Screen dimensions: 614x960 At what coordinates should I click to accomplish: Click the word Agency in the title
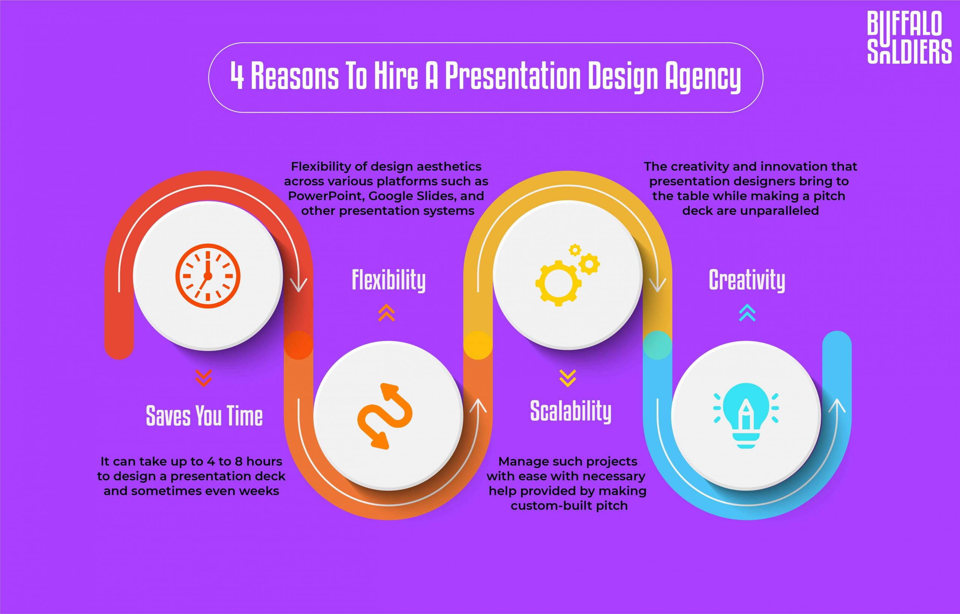(x=703, y=76)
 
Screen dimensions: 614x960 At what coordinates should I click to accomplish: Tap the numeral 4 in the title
(x=237, y=76)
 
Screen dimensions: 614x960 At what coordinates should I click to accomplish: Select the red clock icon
(x=207, y=276)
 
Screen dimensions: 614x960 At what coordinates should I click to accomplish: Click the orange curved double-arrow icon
(x=384, y=416)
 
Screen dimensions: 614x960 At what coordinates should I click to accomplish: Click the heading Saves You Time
(x=204, y=415)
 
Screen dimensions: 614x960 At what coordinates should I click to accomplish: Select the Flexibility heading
(x=388, y=280)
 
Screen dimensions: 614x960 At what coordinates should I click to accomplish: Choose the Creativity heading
(x=747, y=280)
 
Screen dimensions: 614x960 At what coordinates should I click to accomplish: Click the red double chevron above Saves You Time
(x=204, y=378)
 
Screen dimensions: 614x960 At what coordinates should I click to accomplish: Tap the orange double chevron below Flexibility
(x=386, y=313)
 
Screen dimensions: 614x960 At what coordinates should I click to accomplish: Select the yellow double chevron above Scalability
(x=567, y=378)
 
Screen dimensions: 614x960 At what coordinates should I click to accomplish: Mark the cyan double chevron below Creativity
(x=747, y=313)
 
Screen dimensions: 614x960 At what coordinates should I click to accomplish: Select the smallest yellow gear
(x=575, y=250)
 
